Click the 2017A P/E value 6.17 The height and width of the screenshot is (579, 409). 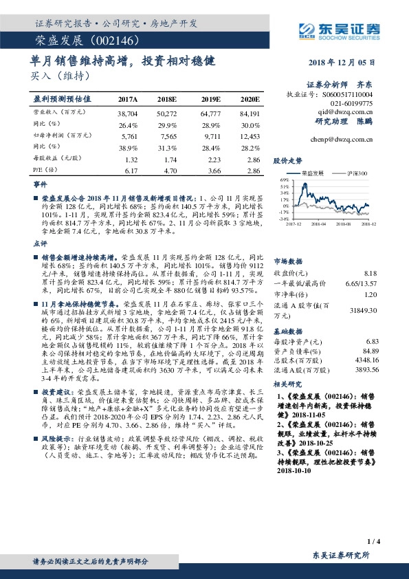pyautogui.click(x=128, y=170)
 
